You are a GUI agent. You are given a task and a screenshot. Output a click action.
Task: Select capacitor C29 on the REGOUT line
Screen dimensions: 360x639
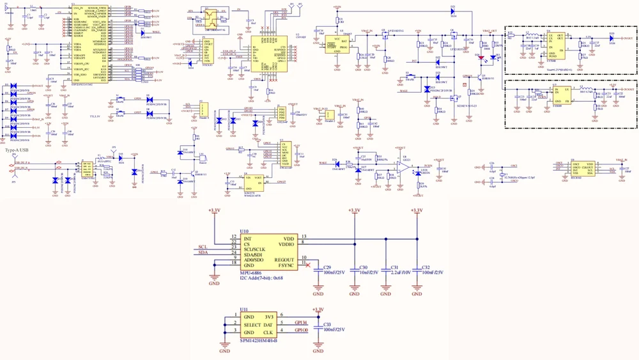[x=318, y=270]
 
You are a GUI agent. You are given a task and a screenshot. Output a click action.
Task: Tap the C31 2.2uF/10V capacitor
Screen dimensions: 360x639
[x=386, y=270]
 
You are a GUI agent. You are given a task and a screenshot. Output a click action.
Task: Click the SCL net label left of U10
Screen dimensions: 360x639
[x=203, y=247]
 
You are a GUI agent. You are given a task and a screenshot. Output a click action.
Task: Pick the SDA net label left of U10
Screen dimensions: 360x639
[x=203, y=253]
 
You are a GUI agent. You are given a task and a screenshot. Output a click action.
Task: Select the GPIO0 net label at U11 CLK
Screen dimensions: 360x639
[x=301, y=330]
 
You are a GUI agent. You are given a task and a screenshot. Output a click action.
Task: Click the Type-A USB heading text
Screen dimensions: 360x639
[x=17, y=150]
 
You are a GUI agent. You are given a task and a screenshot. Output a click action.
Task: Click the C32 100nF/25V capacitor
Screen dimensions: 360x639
[x=417, y=270]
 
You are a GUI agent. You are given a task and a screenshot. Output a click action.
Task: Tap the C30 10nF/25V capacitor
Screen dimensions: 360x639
[x=353, y=270]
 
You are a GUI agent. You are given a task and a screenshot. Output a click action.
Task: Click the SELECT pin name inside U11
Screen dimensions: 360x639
[x=254, y=324]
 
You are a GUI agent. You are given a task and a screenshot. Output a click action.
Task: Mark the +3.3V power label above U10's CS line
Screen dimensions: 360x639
[x=214, y=210]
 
